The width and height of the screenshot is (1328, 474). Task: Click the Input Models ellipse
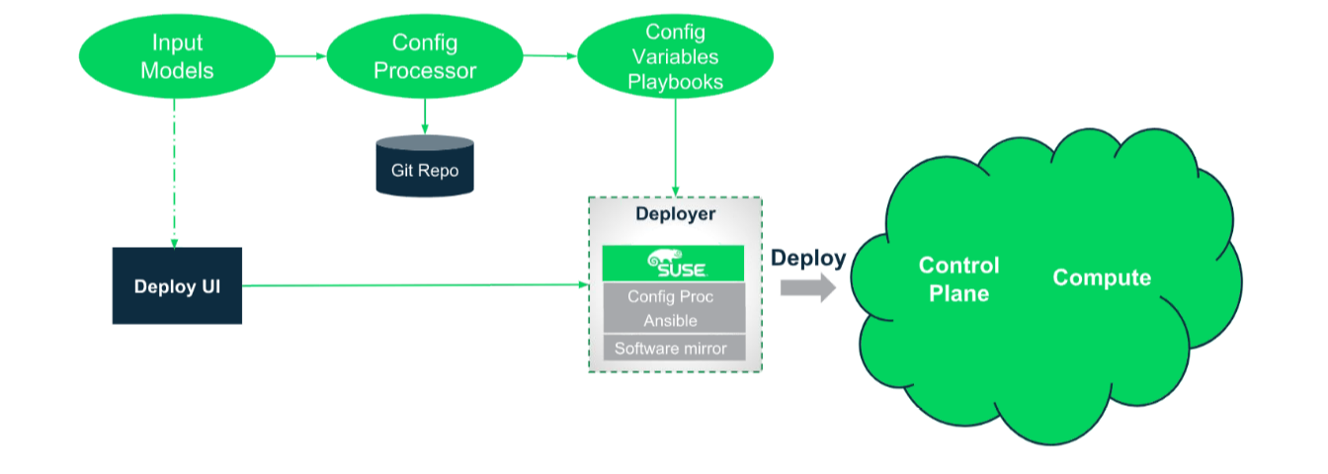point(177,56)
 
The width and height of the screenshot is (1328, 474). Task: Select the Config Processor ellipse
point(425,56)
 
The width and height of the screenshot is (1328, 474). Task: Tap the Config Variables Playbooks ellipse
point(675,56)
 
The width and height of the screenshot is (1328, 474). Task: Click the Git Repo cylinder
point(425,166)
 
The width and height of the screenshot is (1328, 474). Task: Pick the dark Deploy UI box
point(177,285)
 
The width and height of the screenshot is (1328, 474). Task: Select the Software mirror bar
point(674,348)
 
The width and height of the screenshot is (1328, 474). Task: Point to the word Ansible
point(671,321)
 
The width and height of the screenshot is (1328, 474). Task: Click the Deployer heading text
point(675,213)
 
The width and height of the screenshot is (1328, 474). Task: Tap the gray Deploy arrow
point(808,288)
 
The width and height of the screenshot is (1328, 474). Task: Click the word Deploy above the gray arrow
point(808,259)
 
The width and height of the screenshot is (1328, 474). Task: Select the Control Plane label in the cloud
point(958,279)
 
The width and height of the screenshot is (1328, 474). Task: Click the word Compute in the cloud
point(1102,277)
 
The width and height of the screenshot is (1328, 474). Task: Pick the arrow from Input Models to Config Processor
point(300,56)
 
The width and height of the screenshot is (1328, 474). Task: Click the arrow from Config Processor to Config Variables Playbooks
point(550,56)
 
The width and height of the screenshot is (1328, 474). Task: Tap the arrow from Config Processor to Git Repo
point(425,117)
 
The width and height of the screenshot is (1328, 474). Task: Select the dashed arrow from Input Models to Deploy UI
point(174,173)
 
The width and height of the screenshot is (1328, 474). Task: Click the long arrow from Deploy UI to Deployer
point(415,285)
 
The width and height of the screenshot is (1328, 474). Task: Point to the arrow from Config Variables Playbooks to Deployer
point(675,147)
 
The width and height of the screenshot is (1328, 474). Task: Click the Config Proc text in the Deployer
point(671,296)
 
